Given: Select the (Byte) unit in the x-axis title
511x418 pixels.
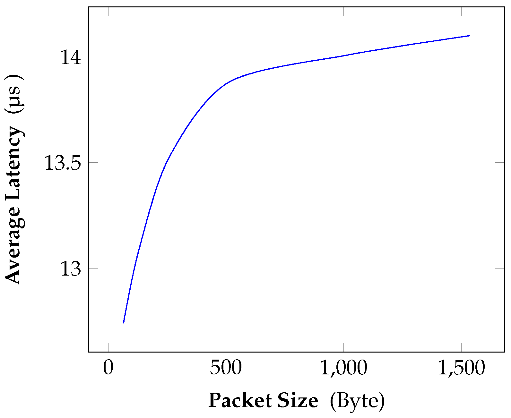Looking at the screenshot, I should coord(357,401).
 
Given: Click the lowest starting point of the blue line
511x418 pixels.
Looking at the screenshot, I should coord(124,323).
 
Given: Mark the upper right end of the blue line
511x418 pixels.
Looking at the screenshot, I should coord(470,36).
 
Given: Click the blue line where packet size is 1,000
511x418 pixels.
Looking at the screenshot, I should coord(343,55).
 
